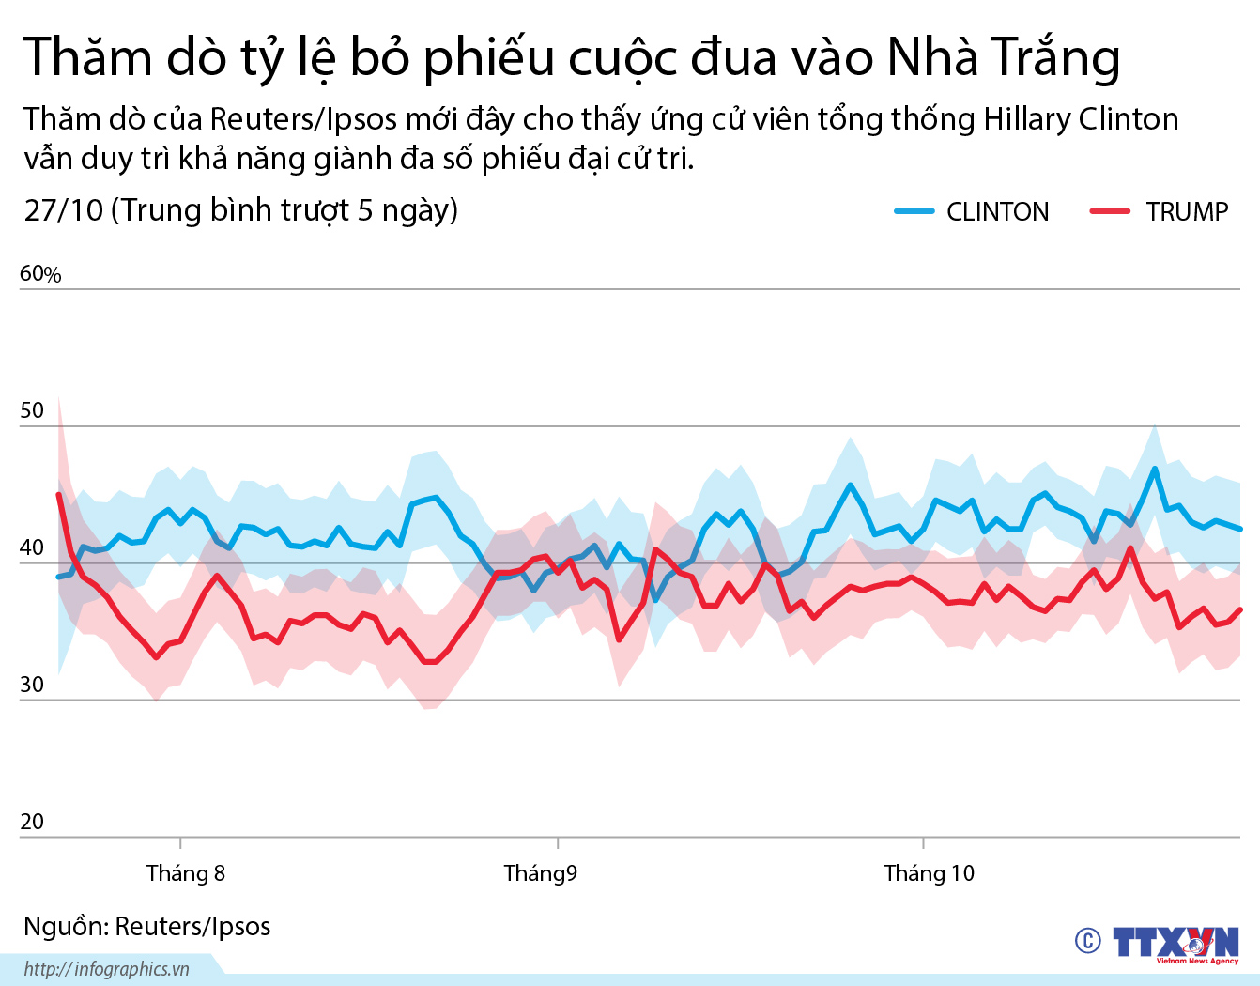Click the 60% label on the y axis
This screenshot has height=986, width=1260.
(x=40, y=274)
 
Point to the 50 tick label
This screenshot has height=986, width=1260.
(x=32, y=410)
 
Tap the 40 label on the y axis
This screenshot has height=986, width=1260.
(x=32, y=547)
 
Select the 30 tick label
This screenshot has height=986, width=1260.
(x=32, y=685)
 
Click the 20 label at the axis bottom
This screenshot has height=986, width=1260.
(x=32, y=822)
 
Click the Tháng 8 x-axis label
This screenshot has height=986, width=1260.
(x=186, y=873)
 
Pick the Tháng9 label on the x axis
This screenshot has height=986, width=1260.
(x=540, y=873)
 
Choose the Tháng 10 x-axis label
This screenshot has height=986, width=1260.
(x=929, y=873)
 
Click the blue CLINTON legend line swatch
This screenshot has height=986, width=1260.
(x=914, y=211)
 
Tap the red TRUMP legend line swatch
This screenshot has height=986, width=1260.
(x=1109, y=211)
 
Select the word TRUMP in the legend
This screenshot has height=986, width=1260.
(x=1187, y=212)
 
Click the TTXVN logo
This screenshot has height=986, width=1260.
(x=1175, y=943)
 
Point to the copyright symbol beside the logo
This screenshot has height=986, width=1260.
(x=1087, y=940)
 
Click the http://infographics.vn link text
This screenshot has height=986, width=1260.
(x=107, y=969)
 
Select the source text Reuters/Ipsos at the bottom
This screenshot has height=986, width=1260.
(x=192, y=927)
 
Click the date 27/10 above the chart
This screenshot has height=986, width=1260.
(x=63, y=210)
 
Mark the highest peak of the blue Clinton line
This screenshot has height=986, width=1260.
(x=1154, y=468)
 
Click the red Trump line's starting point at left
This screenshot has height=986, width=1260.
(x=58, y=494)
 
